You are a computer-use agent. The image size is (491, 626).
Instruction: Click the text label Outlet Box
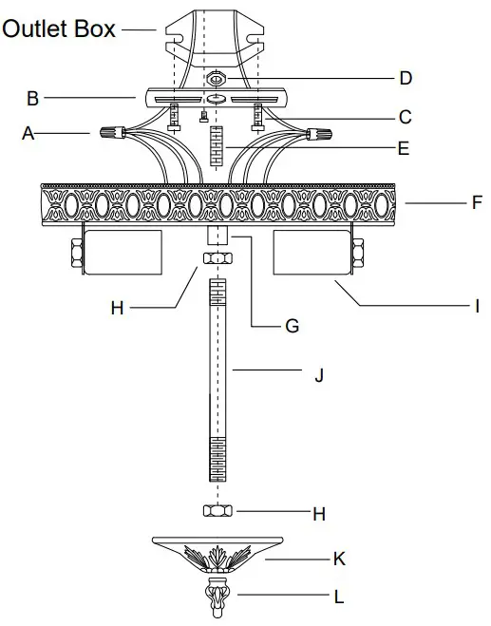coord(59,28)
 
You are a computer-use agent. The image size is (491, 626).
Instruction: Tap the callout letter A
coord(28,135)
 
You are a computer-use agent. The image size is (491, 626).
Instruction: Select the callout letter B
coord(33,97)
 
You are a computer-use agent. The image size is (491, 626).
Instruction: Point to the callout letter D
coord(406,77)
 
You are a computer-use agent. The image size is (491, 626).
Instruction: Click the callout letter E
coord(405,148)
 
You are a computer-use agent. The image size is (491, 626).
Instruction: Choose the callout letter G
coord(292,326)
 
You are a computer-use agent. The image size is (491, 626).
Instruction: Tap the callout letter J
coord(318,375)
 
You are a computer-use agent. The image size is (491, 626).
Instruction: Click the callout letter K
coord(338,560)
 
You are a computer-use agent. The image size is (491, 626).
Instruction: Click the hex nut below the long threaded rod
coord(217,511)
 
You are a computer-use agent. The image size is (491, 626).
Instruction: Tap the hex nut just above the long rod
coord(217,258)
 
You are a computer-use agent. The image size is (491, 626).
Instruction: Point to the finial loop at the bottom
coord(218,598)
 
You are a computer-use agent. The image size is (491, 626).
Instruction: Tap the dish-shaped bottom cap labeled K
coord(217,550)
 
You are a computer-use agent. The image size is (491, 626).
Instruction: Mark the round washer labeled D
coord(217,79)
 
